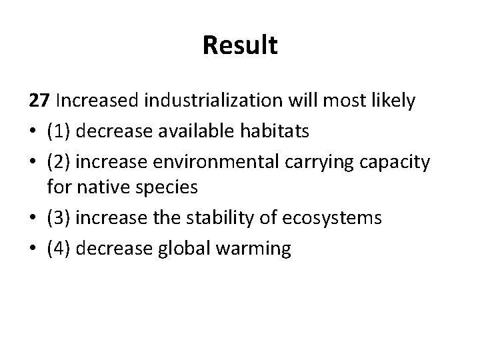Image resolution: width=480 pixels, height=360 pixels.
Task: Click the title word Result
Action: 239,46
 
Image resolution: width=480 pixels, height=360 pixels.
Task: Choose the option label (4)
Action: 59,249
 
